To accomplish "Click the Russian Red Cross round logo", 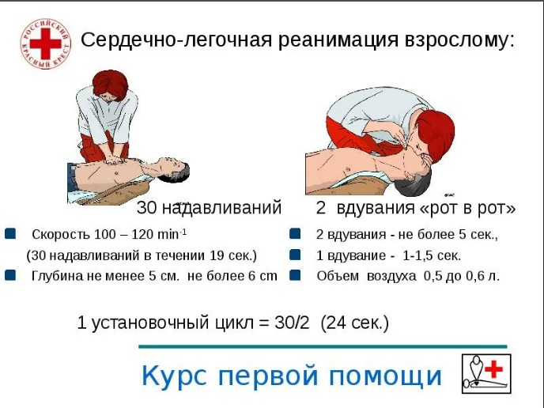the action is (45, 44).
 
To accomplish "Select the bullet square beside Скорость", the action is (10, 234).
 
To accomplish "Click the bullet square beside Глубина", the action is (10, 275).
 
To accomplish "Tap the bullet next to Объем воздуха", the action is (295, 275).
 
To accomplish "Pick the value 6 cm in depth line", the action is (263, 276).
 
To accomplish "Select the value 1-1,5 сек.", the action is (432, 256).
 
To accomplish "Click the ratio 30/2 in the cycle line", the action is (292, 323).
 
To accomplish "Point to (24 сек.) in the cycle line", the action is (355, 323).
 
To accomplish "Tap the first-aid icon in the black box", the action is (486, 374).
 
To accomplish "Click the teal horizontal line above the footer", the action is (323, 346).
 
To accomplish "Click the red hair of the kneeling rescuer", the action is (110, 85).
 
